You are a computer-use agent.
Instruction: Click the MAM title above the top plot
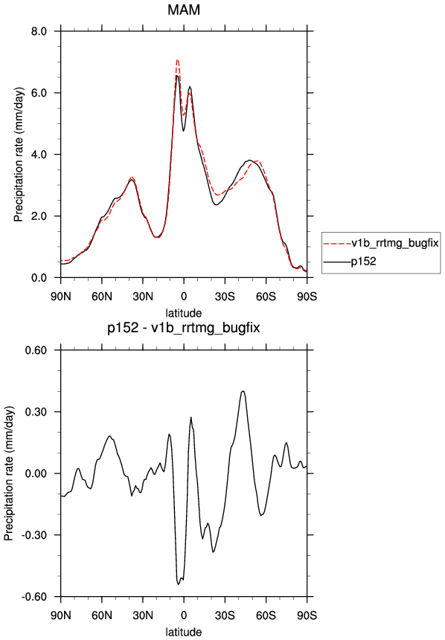(x=184, y=10)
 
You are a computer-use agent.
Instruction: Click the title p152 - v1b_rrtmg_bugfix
(x=184, y=328)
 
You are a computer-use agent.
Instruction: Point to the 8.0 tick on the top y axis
(x=39, y=31)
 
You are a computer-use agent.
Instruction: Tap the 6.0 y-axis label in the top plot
(x=39, y=93)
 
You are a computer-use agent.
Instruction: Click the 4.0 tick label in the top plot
(x=39, y=155)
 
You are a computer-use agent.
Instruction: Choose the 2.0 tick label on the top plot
(x=39, y=216)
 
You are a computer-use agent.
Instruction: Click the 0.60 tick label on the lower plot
(x=36, y=350)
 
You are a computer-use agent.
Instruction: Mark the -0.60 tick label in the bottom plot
(x=34, y=597)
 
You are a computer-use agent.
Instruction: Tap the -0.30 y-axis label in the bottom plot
(x=34, y=535)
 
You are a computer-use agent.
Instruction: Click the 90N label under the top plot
(x=61, y=297)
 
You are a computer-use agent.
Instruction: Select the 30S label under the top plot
(x=225, y=297)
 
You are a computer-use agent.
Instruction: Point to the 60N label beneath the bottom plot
(x=102, y=615)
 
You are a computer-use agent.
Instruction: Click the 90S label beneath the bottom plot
(x=307, y=615)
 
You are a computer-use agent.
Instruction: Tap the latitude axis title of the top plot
(x=184, y=313)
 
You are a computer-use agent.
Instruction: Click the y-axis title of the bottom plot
(x=9, y=473)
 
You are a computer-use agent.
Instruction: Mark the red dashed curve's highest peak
(x=177, y=59)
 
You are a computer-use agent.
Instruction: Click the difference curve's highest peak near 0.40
(x=243, y=391)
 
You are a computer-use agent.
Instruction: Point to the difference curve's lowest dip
(x=178, y=584)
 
